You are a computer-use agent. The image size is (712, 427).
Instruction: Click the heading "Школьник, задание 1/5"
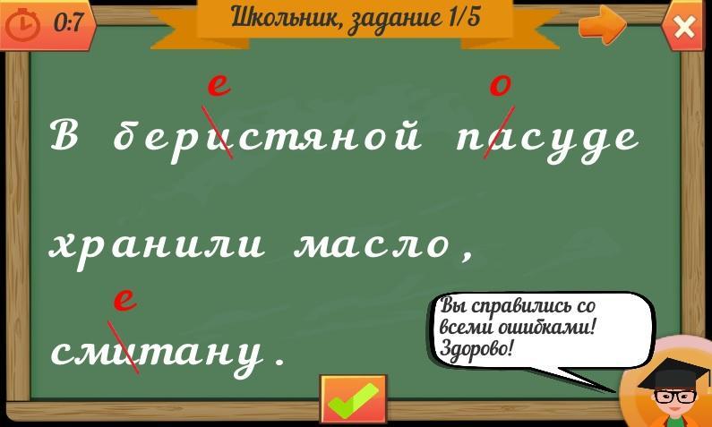click(x=356, y=18)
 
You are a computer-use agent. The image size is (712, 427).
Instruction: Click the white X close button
click(x=684, y=27)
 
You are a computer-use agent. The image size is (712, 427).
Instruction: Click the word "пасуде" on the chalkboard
click(x=548, y=140)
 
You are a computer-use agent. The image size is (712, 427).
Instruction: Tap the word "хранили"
click(x=157, y=246)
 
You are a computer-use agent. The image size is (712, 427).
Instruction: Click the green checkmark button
click(x=353, y=399)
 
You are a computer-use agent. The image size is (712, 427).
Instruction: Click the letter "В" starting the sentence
click(x=64, y=138)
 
